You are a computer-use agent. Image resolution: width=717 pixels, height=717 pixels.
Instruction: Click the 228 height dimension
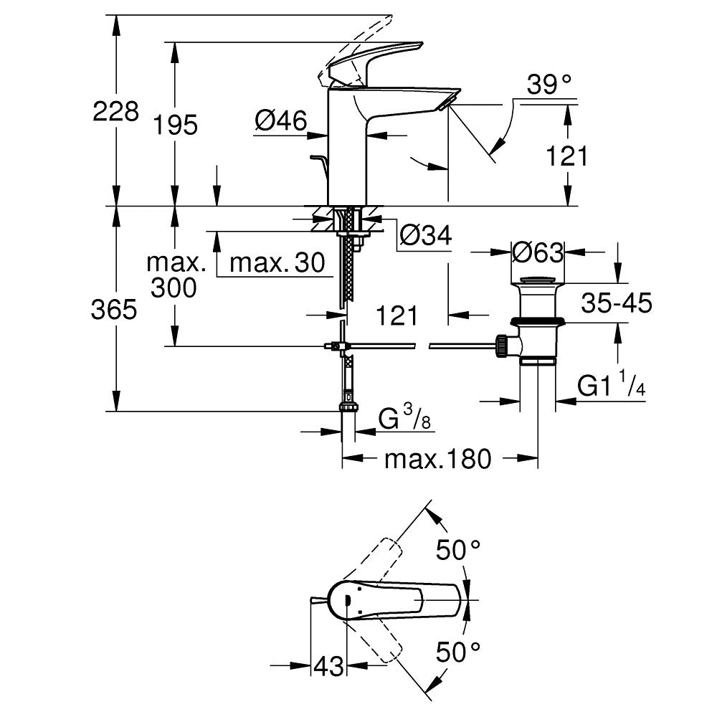click(115, 111)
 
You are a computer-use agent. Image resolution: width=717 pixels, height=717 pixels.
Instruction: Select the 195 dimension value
click(176, 125)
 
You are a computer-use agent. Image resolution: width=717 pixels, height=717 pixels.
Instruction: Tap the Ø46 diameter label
click(280, 120)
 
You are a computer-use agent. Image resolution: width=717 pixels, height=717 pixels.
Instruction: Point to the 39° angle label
click(550, 85)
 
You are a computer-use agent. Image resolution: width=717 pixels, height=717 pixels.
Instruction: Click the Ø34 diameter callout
click(425, 234)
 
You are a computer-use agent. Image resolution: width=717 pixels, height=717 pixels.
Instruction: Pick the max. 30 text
click(275, 264)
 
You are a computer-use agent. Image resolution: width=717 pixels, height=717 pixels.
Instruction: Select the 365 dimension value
click(115, 309)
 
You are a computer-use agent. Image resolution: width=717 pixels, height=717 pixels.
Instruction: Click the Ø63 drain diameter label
click(538, 252)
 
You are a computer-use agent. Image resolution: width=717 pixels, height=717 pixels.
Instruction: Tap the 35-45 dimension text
click(616, 303)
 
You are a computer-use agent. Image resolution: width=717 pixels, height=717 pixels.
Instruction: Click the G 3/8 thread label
click(405, 418)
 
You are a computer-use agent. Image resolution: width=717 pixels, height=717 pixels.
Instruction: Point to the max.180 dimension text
click(438, 458)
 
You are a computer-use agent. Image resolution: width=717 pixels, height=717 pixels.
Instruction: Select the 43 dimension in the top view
click(329, 665)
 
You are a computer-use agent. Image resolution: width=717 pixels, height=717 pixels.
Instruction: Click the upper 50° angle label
click(458, 551)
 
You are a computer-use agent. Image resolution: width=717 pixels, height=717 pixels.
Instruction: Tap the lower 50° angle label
click(458, 652)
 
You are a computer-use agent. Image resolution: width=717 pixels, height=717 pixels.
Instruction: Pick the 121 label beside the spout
click(566, 156)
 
